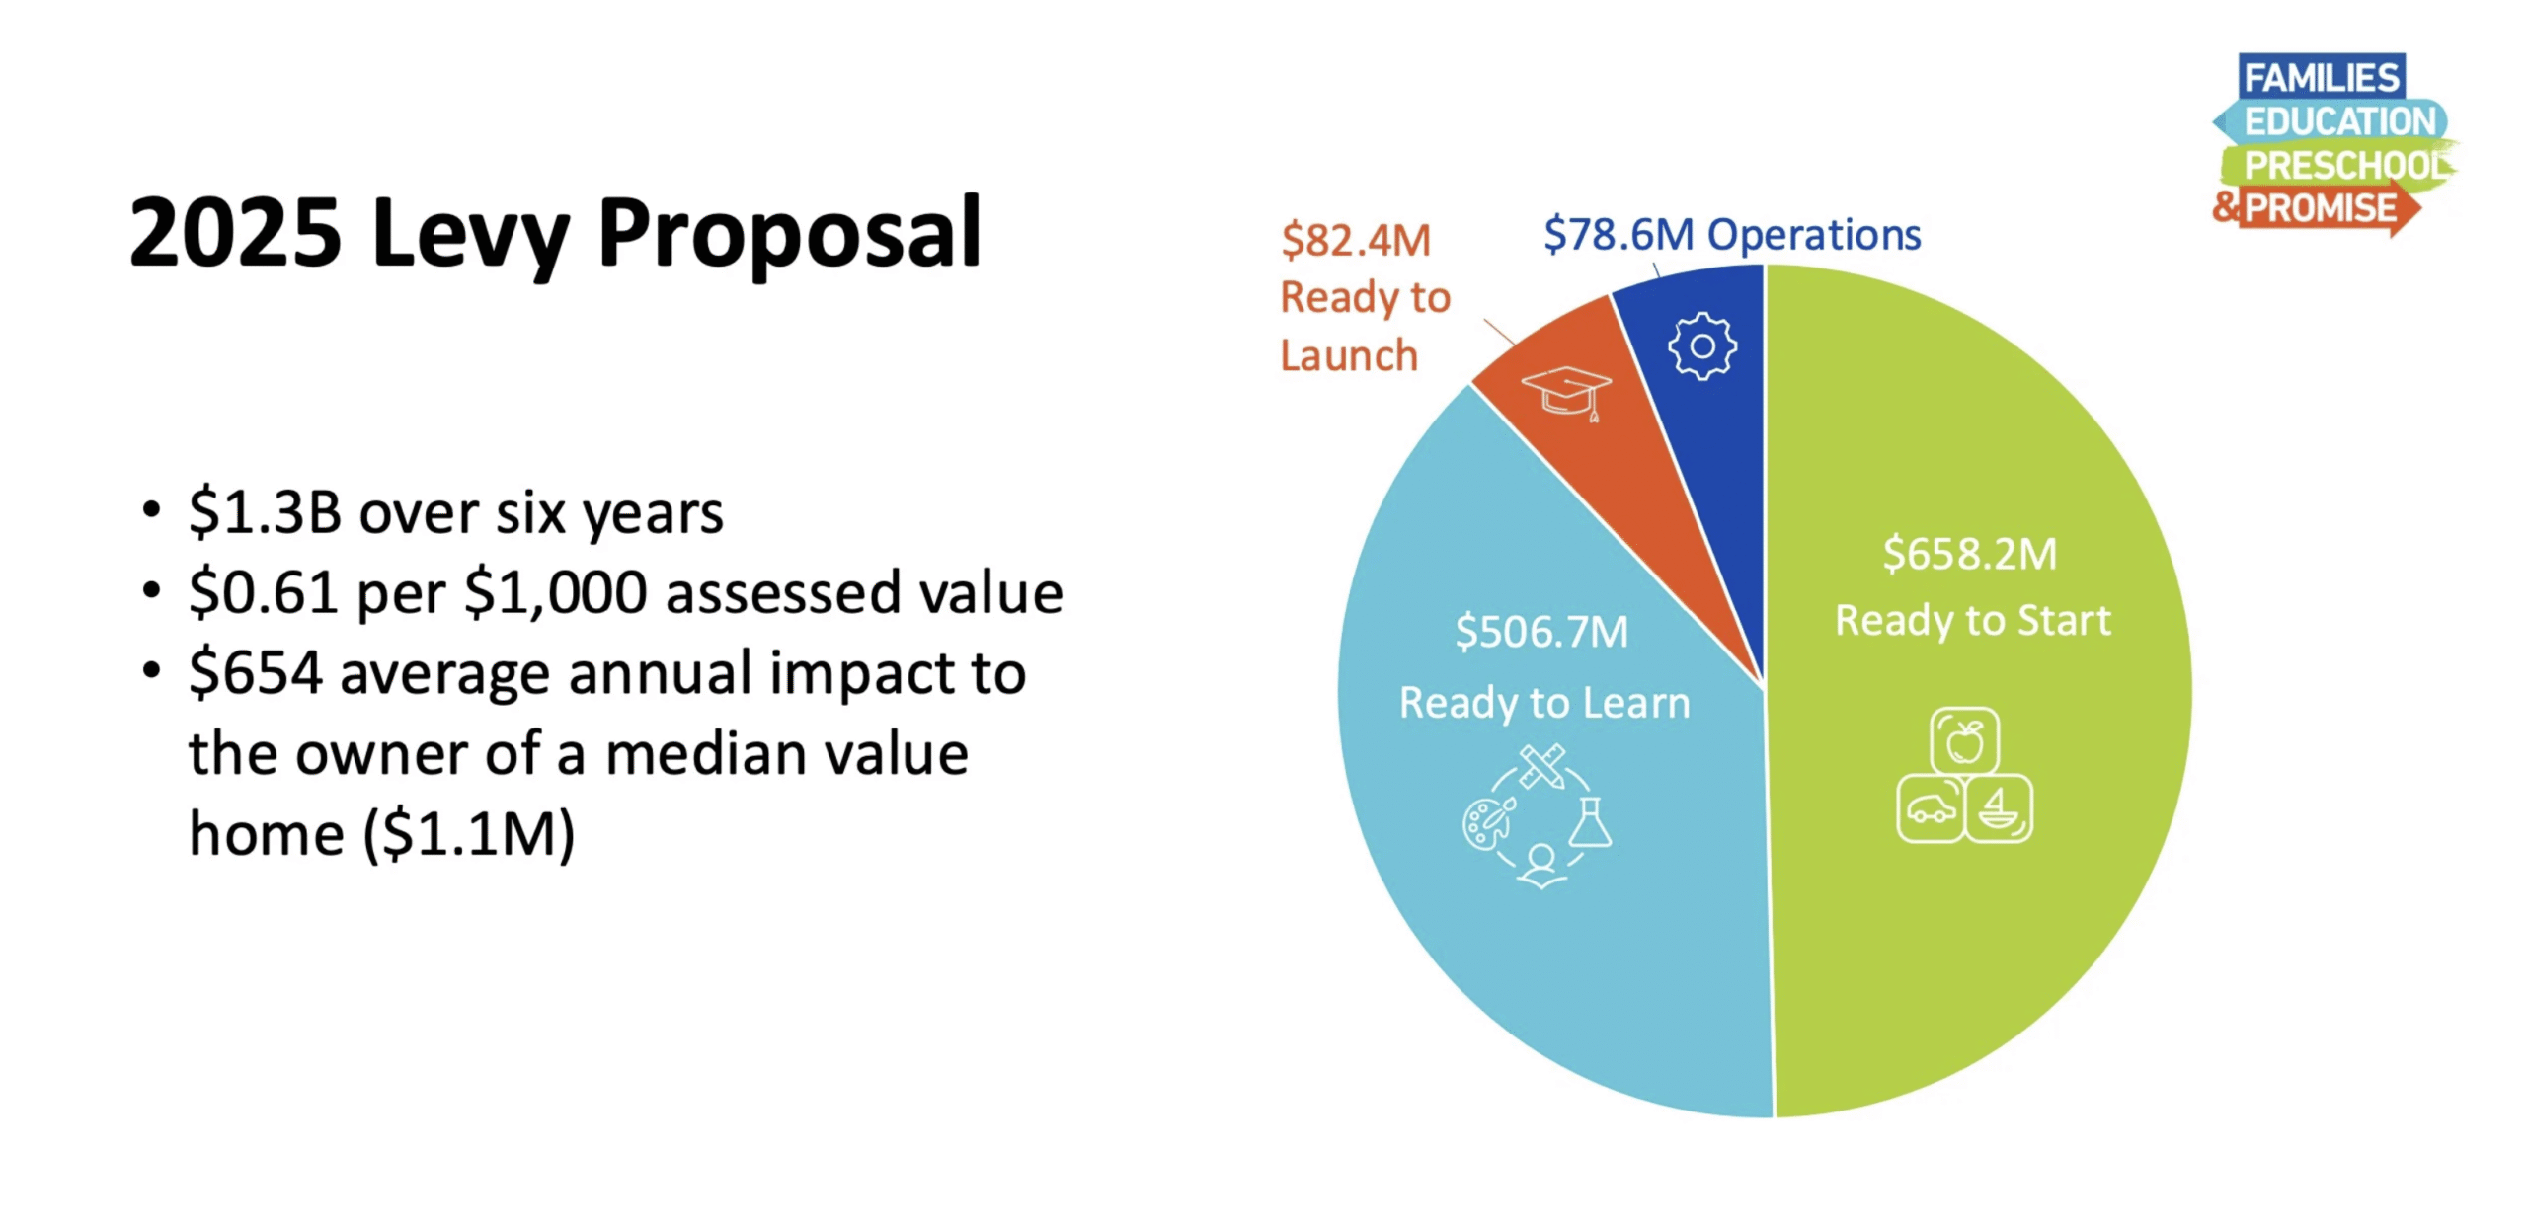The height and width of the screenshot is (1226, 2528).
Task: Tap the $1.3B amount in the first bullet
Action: [x=265, y=513]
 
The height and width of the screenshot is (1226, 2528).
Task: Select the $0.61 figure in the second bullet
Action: [x=265, y=593]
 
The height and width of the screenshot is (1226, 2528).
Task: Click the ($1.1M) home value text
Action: [x=469, y=834]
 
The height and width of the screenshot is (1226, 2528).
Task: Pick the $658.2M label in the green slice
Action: [x=1969, y=554]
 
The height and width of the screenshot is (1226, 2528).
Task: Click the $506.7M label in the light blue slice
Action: [x=1541, y=632]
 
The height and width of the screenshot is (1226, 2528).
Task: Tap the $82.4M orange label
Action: [x=1355, y=241]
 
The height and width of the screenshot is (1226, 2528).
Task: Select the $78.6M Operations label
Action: [x=1731, y=235]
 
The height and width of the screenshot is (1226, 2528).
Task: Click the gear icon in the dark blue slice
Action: [x=1701, y=346]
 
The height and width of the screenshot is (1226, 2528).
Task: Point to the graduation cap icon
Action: [x=1566, y=393]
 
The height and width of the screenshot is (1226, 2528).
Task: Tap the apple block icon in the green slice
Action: [x=1964, y=740]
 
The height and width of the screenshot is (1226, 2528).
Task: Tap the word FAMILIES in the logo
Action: [x=2321, y=77]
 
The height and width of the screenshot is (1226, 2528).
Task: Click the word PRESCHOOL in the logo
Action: [x=2346, y=165]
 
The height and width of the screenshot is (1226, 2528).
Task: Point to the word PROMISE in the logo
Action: [x=2321, y=208]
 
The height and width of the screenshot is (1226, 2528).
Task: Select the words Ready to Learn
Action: [x=1544, y=703]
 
